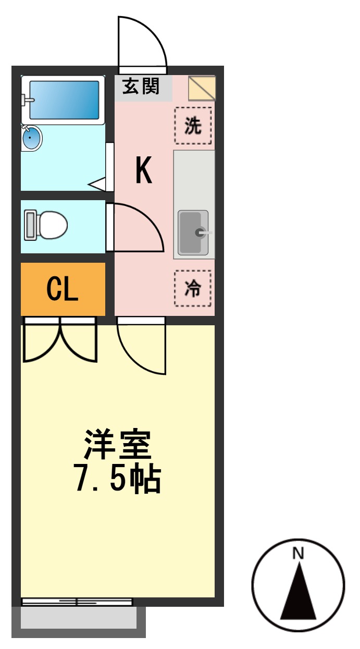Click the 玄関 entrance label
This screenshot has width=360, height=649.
coord(141,87)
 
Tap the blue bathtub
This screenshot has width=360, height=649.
coord(64,100)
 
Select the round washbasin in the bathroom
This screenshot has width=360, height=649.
coord(31,139)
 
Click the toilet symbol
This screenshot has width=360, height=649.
coord(46,225)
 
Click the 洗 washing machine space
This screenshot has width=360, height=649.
coord(193,126)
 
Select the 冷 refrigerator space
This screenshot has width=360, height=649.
coord(193,288)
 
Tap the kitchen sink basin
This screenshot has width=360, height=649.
coord(193,232)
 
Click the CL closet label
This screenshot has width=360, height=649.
coord(63,289)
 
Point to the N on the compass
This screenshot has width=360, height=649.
coord(298,554)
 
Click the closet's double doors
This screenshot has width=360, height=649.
coord(60,341)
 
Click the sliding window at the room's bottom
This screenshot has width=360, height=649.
coord(77,602)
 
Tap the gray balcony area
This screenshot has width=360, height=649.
coord(78,619)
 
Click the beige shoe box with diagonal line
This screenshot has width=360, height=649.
coord(202,88)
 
